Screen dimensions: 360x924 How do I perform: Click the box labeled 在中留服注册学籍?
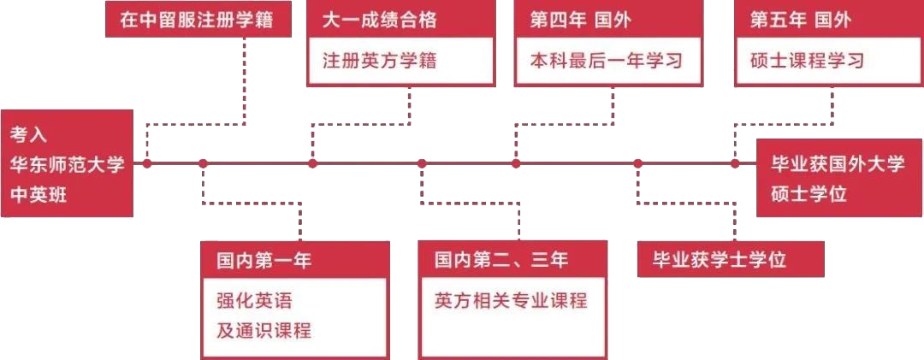[198, 20]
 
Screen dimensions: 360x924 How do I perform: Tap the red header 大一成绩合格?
[375, 20]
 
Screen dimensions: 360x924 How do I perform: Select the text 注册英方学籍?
[375, 61]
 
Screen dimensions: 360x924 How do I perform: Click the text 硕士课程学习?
[807, 61]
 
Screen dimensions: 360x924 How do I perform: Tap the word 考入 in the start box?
[28, 134]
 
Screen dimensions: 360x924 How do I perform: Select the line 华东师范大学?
[66, 164]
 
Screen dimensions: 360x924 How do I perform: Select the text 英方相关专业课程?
[511, 300]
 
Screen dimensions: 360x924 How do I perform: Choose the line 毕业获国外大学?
[838, 163]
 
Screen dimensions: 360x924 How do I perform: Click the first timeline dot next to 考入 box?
[147, 163]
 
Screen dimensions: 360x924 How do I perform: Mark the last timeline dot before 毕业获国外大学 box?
[735, 163]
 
